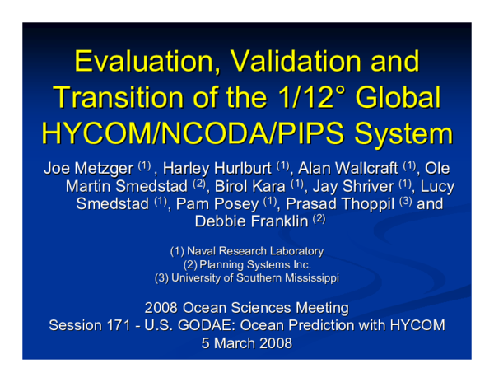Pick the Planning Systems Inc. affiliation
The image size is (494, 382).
point(255,264)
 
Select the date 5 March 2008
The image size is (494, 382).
point(247,343)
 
